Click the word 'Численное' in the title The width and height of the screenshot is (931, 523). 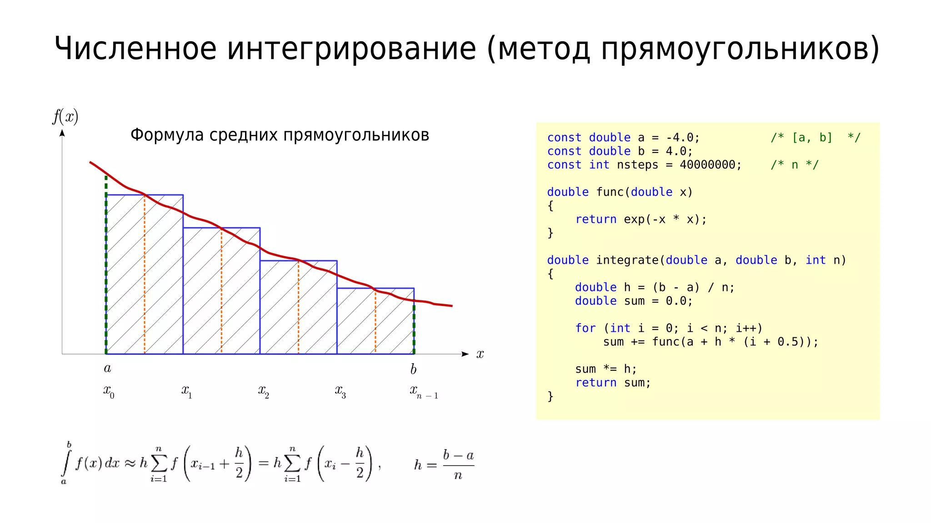pos(135,48)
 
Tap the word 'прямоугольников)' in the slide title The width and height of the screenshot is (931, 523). pos(740,49)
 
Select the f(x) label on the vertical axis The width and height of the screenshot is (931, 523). pos(65,117)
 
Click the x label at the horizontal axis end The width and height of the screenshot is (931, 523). pos(480,354)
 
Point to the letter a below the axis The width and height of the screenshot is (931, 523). pos(108,368)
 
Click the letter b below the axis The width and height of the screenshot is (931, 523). pos(413,369)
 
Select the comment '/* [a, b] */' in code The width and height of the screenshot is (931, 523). pos(815,138)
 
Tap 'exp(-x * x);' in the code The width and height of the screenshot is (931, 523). pos(665,219)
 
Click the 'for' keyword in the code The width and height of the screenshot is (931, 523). pos(585,328)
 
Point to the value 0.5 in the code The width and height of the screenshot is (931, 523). pos(787,342)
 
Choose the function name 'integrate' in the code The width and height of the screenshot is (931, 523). pos(627,260)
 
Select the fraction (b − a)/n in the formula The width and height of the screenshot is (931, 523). pos(458,464)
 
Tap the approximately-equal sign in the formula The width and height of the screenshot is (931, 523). pos(130,463)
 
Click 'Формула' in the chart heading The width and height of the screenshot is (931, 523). pos(167,135)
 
